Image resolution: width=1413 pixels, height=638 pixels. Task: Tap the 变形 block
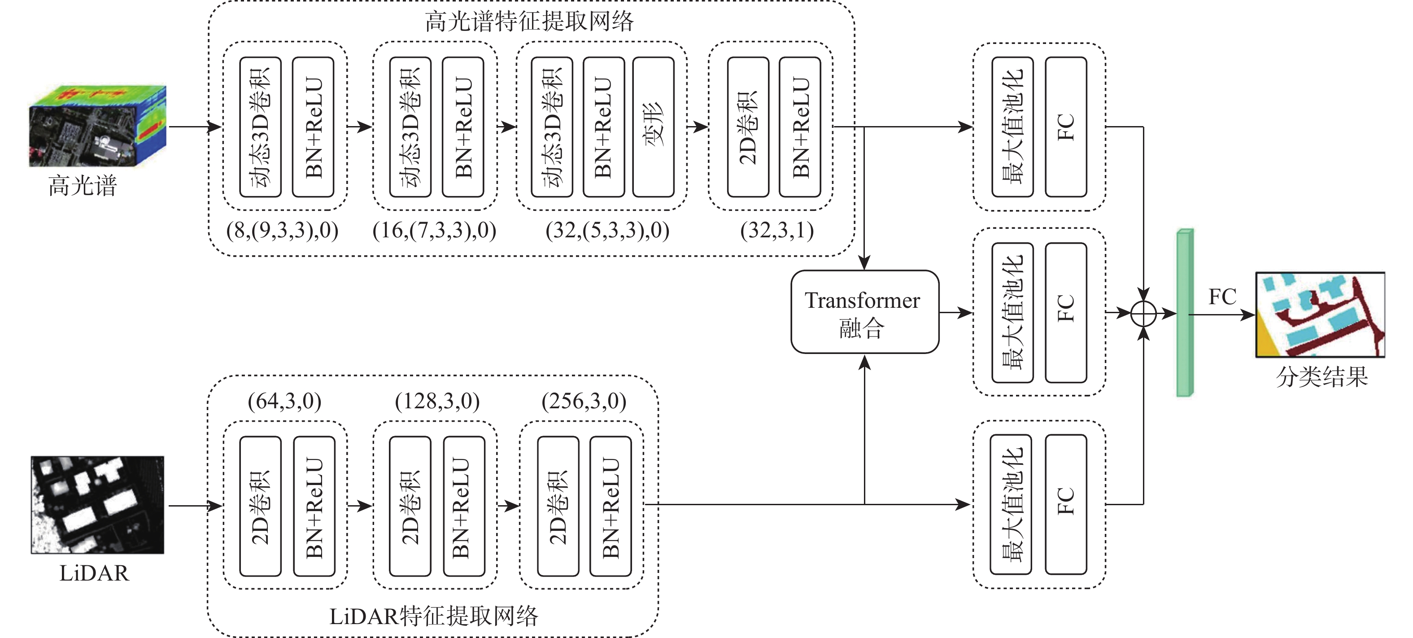[653, 127]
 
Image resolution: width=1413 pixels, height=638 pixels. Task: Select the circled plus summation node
[1144, 314]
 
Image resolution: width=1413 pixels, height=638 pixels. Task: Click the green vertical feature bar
[1185, 313]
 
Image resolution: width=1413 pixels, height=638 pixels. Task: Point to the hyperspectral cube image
[98, 126]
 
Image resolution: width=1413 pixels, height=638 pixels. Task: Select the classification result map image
[1320, 315]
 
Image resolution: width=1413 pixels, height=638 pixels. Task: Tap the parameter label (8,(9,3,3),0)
[282, 231]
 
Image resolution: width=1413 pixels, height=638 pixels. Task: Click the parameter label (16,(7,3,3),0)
[434, 231]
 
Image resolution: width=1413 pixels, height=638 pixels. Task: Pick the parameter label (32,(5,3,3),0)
[607, 231]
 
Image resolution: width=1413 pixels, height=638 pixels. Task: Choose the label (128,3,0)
[437, 401]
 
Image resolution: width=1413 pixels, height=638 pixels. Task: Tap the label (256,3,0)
[584, 401]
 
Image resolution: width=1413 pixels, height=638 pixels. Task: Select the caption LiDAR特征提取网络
[433, 616]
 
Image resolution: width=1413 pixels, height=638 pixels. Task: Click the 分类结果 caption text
[1322, 377]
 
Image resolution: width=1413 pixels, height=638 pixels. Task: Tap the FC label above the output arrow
[1222, 297]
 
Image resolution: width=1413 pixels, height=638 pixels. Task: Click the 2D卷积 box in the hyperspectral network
[748, 127]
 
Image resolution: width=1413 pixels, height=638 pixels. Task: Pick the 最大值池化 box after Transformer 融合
[1012, 313]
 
